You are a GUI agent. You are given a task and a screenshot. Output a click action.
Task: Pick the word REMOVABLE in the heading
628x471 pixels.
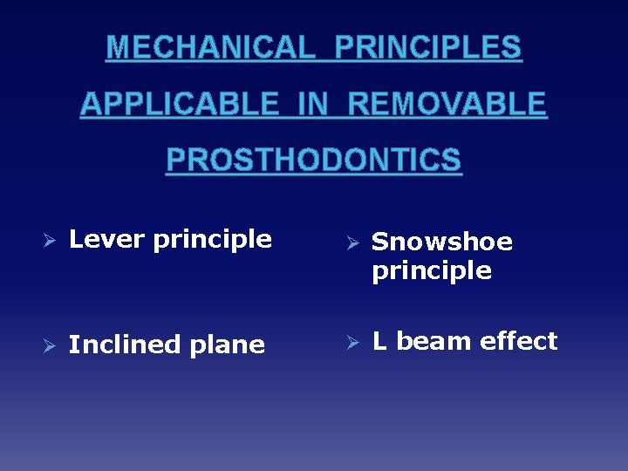coord(447,104)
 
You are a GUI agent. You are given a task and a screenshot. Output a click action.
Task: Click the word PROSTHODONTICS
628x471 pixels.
coord(314,160)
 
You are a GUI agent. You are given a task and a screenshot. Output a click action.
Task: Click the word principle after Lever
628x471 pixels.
coord(213,240)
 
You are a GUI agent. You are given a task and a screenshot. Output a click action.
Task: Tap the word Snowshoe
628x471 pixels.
coord(442,242)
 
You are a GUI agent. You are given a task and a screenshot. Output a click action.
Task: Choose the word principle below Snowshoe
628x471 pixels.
coord(432,271)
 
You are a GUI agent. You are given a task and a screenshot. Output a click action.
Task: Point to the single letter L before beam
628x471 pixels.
coord(379,341)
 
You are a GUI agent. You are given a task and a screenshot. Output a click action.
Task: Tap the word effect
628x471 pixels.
coord(518,341)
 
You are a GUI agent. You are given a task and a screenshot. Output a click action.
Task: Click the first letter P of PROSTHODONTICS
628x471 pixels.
coord(175,160)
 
